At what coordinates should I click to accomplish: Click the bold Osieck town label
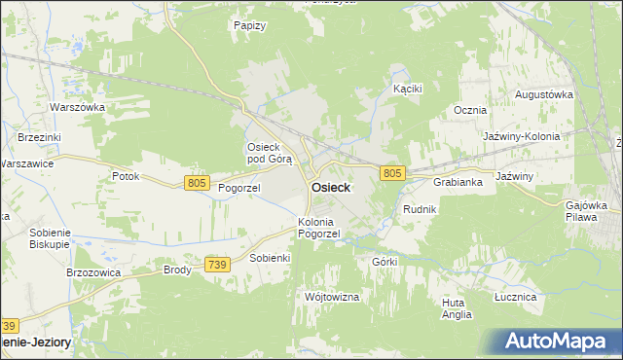coord(331,188)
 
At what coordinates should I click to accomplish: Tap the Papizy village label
coord(250,25)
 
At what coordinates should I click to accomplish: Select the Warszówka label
coord(77,106)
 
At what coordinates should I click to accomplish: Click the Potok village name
coord(126,176)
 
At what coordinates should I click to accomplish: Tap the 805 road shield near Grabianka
coord(392,173)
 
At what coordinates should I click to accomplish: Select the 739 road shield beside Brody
coord(217,264)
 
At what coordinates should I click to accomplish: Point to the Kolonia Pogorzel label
coord(319,228)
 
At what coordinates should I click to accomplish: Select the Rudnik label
coord(420,209)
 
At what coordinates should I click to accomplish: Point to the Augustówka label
coord(543,94)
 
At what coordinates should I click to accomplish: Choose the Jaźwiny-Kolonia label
coord(522,137)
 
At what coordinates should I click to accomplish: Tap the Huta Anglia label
coord(456,308)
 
